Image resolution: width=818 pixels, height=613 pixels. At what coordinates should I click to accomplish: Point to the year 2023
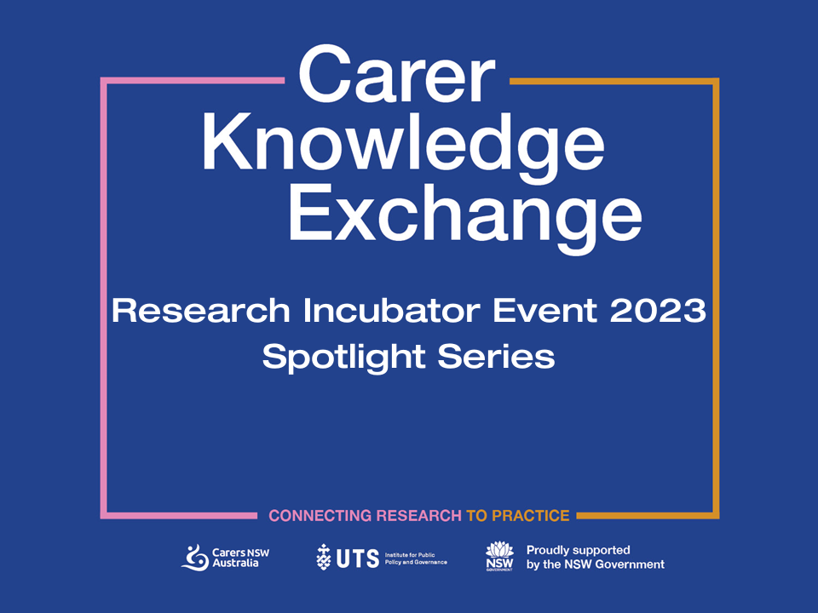coord(658,311)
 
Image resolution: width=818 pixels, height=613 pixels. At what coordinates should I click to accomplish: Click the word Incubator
coord(392,311)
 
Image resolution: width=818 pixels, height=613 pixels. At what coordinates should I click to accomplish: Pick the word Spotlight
coord(343,358)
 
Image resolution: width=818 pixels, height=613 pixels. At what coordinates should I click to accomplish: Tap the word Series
coord(496,357)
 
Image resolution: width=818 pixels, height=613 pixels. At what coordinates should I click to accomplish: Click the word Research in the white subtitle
coord(201,311)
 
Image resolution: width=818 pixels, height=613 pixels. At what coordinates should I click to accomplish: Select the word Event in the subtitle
coord(544,311)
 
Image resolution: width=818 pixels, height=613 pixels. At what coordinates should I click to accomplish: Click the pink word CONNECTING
coord(320,516)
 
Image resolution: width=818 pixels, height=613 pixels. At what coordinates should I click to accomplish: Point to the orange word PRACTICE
coord(531,516)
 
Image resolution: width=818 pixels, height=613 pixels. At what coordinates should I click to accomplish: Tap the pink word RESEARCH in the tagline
coord(419,516)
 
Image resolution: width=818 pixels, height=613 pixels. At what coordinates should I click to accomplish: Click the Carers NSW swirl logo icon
coord(195,558)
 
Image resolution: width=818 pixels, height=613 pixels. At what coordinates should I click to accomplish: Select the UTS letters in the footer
coord(358,559)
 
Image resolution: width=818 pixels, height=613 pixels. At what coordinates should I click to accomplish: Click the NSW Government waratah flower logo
coord(500,556)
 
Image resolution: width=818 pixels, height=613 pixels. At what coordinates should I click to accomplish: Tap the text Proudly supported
coord(578,551)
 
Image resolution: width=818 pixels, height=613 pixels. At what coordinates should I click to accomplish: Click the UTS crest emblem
coord(324,557)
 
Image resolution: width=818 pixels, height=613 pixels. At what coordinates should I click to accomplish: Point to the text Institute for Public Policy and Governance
coord(416,559)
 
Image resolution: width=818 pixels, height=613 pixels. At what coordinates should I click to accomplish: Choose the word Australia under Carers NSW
coord(235,564)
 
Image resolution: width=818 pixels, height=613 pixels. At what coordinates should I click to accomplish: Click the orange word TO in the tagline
coord(476,516)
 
